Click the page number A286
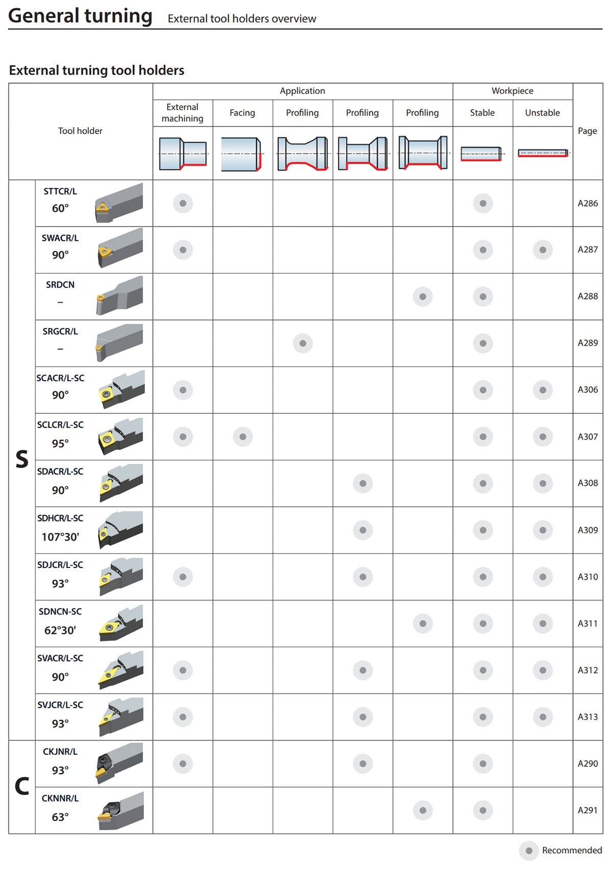click(x=588, y=203)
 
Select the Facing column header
click(x=242, y=113)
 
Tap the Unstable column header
click(x=542, y=113)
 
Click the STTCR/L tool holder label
click(x=60, y=191)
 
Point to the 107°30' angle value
click(x=60, y=537)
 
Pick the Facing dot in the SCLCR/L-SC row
click(x=243, y=437)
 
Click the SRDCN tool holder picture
click(x=119, y=296)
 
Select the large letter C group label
click(x=22, y=786)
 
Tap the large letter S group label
click(x=22, y=459)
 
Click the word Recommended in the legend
click(x=572, y=850)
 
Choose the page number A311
click(x=588, y=624)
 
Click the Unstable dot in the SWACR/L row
click(x=543, y=250)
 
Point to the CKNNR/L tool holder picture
click(x=120, y=810)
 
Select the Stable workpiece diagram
click(x=481, y=154)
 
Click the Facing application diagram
click(x=241, y=154)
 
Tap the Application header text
click(x=302, y=91)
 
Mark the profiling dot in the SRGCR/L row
click(x=303, y=343)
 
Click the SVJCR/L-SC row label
click(x=60, y=705)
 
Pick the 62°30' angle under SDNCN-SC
click(x=60, y=630)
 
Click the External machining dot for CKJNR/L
click(x=183, y=763)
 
